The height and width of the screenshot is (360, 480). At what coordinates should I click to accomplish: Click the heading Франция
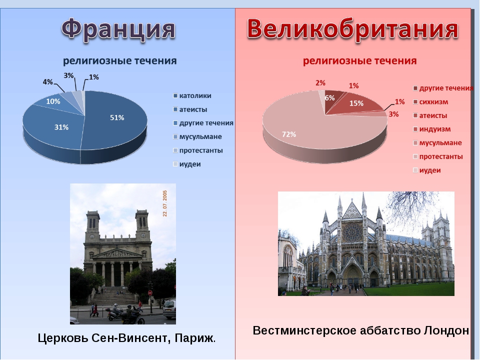tap(118, 29)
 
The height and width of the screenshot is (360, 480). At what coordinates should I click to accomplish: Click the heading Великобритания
tap(352, 29)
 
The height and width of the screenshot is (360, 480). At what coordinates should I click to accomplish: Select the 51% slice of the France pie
tap(116, 119)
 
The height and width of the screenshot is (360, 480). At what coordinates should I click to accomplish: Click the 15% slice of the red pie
tap(356, 103)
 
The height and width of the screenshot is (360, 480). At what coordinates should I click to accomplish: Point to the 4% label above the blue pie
tap(48, 82)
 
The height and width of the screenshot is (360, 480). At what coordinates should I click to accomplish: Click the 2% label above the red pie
tap(320, 83)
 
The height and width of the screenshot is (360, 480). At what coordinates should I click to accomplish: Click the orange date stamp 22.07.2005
tap(165, 203)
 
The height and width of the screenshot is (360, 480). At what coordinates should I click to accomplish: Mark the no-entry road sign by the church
tap(150, 293)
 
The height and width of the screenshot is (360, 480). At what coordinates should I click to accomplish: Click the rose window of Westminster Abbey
tap(352, 231)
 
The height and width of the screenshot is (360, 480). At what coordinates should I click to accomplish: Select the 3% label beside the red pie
tap(393, 114)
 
